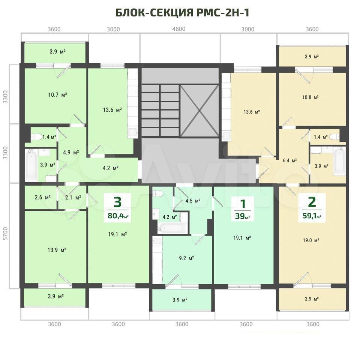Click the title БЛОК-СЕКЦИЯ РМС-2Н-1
pyautogui.click(x=182, y=13)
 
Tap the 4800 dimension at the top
pyautogui.click(x=179, y=29)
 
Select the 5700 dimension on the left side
pyautogui.click(x=6, y=234)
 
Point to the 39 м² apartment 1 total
pyautogui.click(x=243, y=216)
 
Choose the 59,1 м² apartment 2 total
pyautogui.click(x=312, y=216)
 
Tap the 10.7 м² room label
pyautogui.click(x=57, y=94)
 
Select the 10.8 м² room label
pyautogui.click(x=310, y=97)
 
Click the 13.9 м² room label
pyautogui.click(x=57, y=250)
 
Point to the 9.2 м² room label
pyautogui.click(x=186, y=258)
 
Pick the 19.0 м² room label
pyautogui.click(x=311, y=240)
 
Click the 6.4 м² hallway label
pyautogui.click(x=290, y=160)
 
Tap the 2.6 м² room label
pyautogui.click(x=43, y=197)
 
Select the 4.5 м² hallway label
pyautogui.click(x=193, y=201)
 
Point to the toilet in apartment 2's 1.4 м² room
pyautogui.click(x=334, y=137)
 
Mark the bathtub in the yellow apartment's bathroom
pyautogui.click(x=339, y=162)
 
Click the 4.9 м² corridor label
pyautogui.click(x=71, y=153)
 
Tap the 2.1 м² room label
pyautogui.click(x=73, y=197)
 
